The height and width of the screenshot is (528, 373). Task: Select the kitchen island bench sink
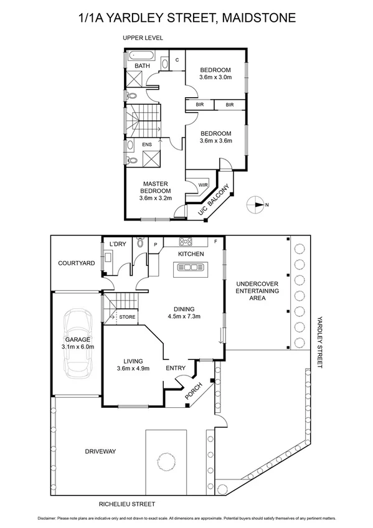tap(191, 268)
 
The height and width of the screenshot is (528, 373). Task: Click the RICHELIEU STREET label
tap(126, 504)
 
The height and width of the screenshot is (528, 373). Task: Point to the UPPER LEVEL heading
tap(143, 38)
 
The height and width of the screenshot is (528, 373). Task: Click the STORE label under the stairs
tap(127, 318)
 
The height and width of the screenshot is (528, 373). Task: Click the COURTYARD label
tap(77, 263)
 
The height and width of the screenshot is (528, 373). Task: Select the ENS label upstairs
tap(148, 145)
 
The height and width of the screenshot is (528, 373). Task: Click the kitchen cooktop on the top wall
tap(185, 242)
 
